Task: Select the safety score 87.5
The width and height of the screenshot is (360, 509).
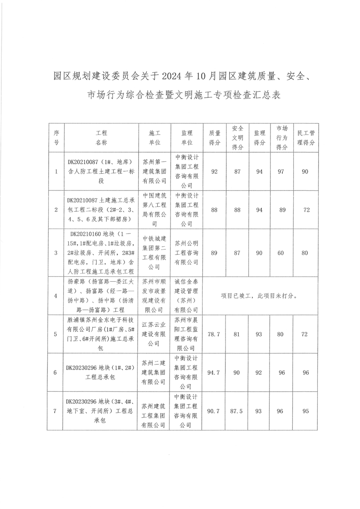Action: coord(237,411)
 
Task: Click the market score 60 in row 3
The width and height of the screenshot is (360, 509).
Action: coord(282,252)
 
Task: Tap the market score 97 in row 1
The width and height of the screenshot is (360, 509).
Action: coord(282,172)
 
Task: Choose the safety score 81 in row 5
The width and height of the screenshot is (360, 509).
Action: coord(237,334)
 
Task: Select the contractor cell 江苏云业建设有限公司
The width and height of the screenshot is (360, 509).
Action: coord(155,334)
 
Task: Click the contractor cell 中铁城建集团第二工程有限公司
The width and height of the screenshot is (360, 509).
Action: coord(155,252)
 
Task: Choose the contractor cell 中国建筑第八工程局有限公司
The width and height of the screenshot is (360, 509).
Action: coord(155,210)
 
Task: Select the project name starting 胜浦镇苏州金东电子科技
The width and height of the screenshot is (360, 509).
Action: coord(101,334)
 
